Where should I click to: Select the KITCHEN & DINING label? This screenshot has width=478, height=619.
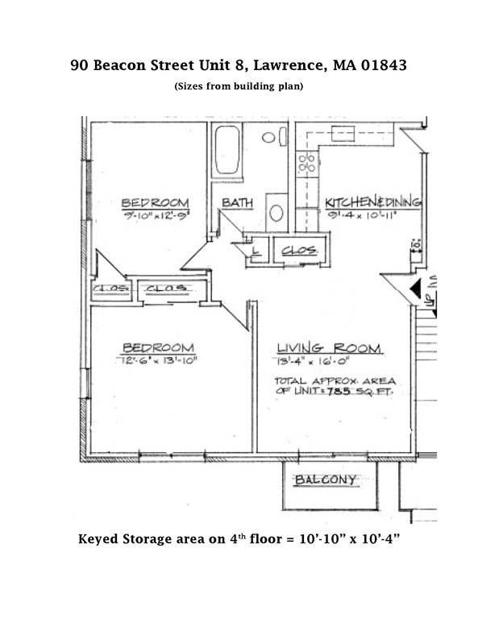pyautogui.click(x=373, y=201)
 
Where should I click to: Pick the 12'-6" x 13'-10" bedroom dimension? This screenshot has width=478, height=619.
pyautogui.click(x=156, y=360)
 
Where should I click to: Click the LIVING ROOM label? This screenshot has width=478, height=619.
pyautogui.click(x=328, y=348)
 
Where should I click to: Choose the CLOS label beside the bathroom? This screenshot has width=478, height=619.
pyautogui.click(x=299, y=252)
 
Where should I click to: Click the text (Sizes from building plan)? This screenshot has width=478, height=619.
pyautogui.click(x=239, y=85)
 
